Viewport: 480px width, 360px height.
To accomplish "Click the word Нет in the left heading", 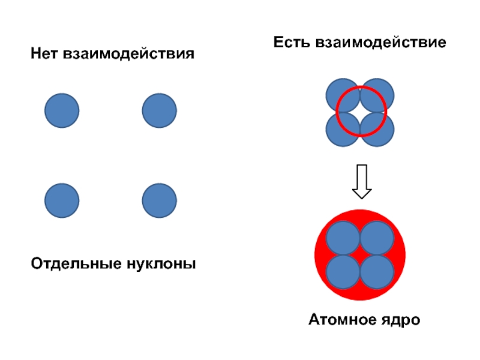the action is pos(45,55).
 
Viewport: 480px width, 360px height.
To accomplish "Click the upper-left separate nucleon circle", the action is pos(62,111).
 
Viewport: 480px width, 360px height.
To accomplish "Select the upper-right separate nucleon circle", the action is pos(159,111).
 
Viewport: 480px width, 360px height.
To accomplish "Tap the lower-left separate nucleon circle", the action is pos(62,200).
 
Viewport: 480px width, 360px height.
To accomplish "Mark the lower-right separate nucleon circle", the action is pos(159,200).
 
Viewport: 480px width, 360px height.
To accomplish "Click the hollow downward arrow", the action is pos(361,182).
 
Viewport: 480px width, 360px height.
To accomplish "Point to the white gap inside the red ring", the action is pos(361,112).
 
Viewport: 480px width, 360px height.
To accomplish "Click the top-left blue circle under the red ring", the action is pos(343,95).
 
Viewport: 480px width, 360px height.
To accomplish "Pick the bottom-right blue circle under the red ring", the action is pos(377,130).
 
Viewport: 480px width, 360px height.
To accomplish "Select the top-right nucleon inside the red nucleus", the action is pos(377,238).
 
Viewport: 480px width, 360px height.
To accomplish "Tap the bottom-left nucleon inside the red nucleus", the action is pos(343,272).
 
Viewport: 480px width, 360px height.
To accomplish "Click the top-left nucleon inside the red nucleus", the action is pos(343,238).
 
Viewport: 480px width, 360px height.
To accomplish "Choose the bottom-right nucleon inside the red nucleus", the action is pos(377,272).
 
